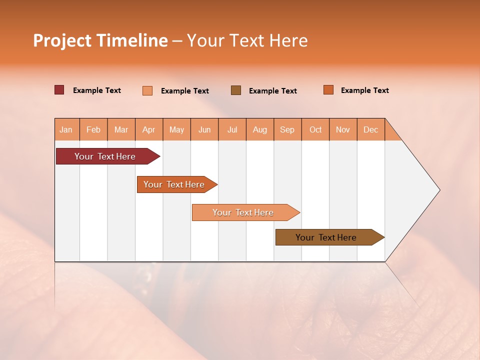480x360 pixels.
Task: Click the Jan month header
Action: click(x=66, y=129)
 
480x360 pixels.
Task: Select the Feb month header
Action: click(x=93, y=129)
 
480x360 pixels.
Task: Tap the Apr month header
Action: click(x=148, y=129)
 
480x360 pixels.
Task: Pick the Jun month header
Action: click(x=204, y=129)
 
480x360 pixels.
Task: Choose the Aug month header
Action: click(x=259, y=129)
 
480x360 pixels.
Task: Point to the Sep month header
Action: click(x=287, y=129)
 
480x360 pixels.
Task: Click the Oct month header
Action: click(x=315, y=129)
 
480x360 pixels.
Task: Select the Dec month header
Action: click(x=370, y=129)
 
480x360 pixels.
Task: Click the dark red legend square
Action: click(x=59, y=90)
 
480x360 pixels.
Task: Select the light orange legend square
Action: click(x=147, y=90)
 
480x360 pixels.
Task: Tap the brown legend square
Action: click(x=236, y=90)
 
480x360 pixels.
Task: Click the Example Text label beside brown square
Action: click(x=273, y=91)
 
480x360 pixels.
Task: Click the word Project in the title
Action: click(x=62, y=40)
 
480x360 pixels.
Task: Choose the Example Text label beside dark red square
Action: click(x=97, y=90)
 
